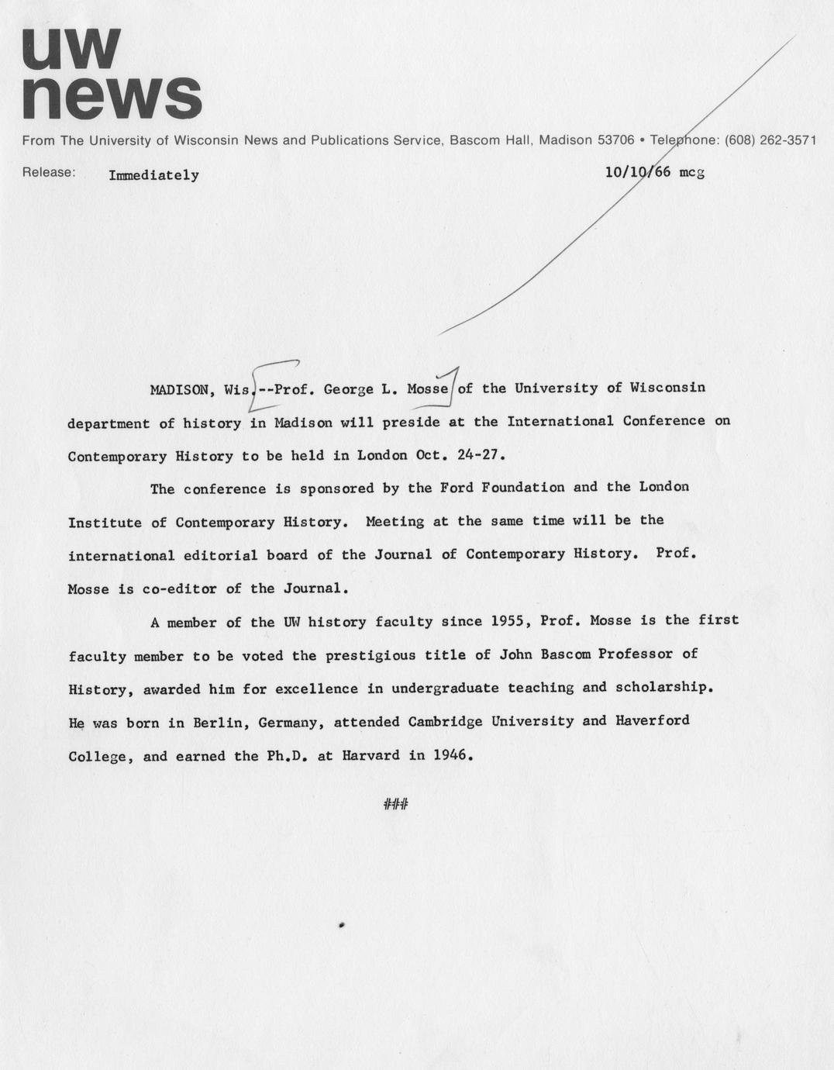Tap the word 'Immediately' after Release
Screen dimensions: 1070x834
click(153, 175)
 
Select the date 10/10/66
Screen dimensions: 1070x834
click(637, 172)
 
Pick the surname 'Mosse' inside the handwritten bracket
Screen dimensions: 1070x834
click(428, 388)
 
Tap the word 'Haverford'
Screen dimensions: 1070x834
click(652, 720)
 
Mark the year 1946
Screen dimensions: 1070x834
click(453, 754)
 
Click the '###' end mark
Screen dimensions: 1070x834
click(395, 805)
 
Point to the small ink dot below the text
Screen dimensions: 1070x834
click(341, 925)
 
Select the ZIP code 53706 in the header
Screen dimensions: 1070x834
click(616, 140)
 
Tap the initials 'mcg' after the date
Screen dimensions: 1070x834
click(691, 172)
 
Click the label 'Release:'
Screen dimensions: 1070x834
click(49, 172)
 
